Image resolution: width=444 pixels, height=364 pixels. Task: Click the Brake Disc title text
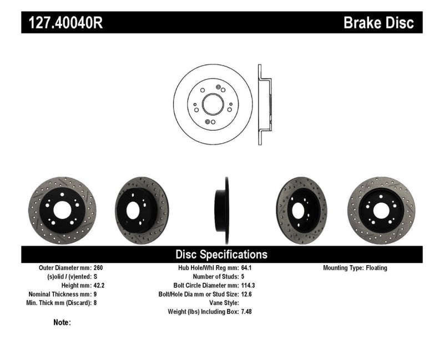click(379, 22)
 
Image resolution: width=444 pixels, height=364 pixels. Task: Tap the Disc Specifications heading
click(221, 255)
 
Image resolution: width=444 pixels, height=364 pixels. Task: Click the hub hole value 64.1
click(247, 268)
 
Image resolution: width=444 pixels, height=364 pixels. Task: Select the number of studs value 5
click(243, 277)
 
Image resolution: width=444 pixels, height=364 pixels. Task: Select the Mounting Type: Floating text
click(355, 268)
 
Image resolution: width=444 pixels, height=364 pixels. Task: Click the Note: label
click(62, 322)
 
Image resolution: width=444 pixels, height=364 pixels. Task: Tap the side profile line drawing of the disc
click(264, 105)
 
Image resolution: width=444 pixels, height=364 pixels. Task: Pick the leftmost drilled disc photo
click(62, 210)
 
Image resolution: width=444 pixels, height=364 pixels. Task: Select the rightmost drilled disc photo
click(381, 210)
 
